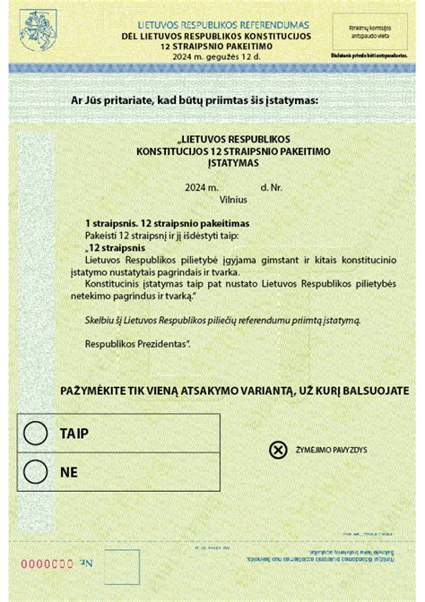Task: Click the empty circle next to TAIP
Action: click(x=35, y=433)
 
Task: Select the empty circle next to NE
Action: click(x=35, y=469)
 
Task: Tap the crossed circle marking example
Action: click(x=278, y=450)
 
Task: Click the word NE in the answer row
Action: click(x=68, y=469)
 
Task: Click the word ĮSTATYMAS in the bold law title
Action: click(x=220, y=164)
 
